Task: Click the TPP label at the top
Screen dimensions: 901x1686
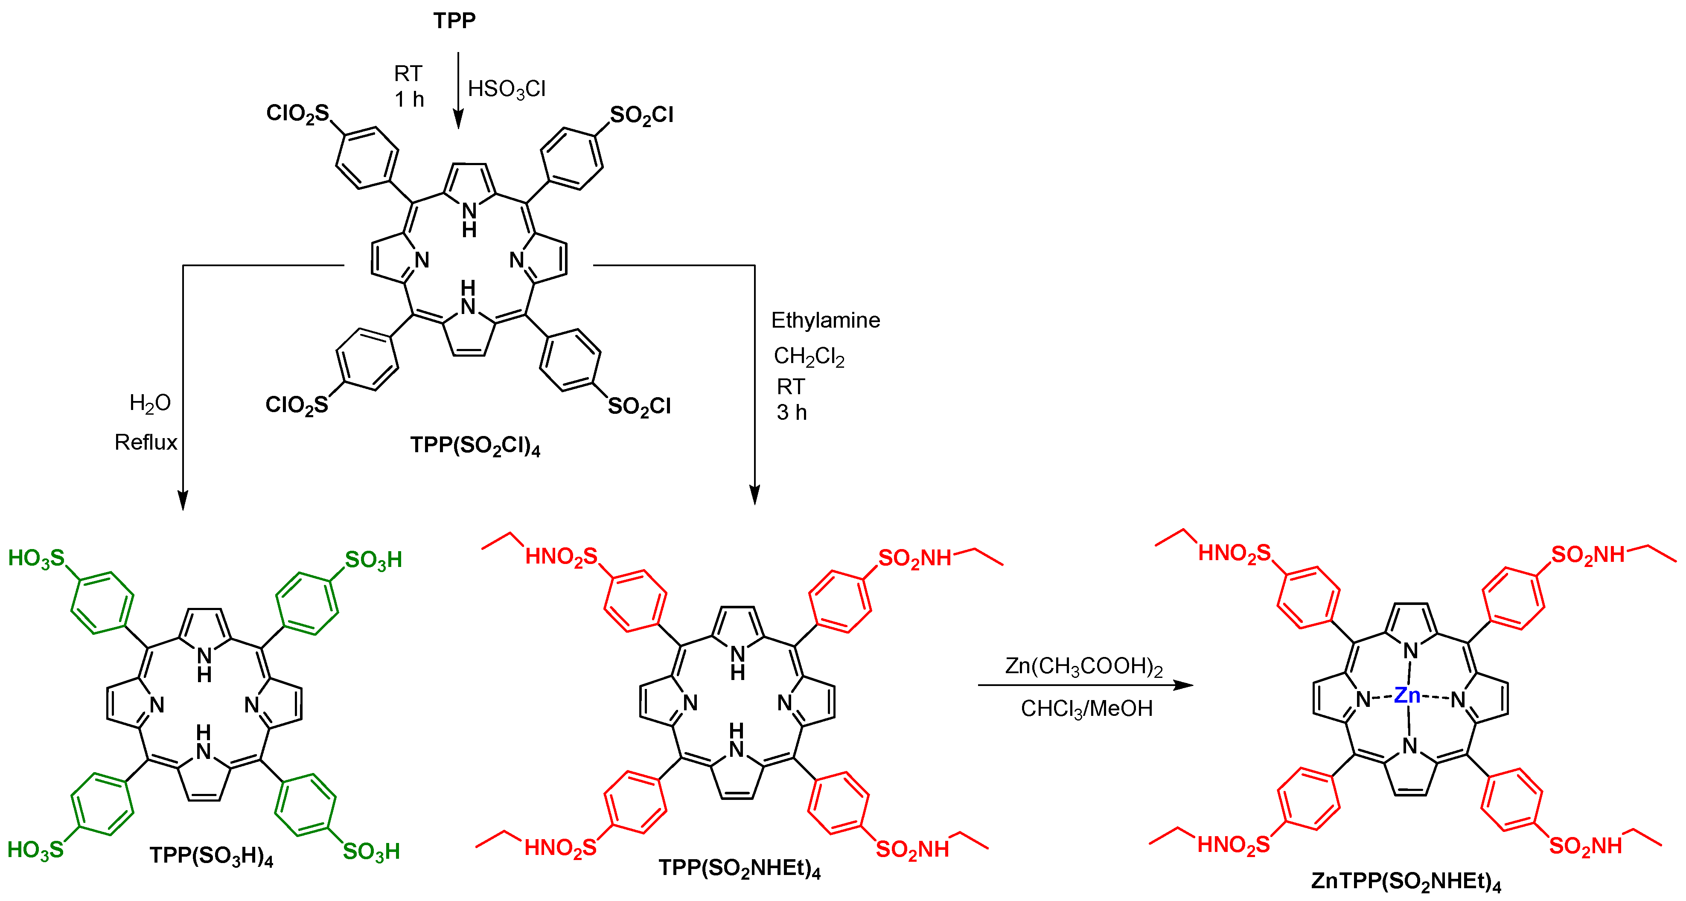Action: point(454,21)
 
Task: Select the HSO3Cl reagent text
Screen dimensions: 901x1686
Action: point(507,89)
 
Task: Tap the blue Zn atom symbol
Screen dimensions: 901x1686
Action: point(1407,695)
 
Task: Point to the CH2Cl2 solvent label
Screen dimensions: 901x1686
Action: point(809,357)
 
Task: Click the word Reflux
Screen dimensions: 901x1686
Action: point(146,442)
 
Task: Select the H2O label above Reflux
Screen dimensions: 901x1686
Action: point(150,403)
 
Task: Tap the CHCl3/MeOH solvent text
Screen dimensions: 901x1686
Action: point(1086,709)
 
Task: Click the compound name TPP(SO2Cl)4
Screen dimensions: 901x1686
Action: point(475,446)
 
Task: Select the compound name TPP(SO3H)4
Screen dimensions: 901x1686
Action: point(211,856)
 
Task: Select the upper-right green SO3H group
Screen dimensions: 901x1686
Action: point(373,560)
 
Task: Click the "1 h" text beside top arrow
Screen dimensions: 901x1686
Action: point(409,99)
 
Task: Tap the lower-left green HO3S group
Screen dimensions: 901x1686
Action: point(35,850)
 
